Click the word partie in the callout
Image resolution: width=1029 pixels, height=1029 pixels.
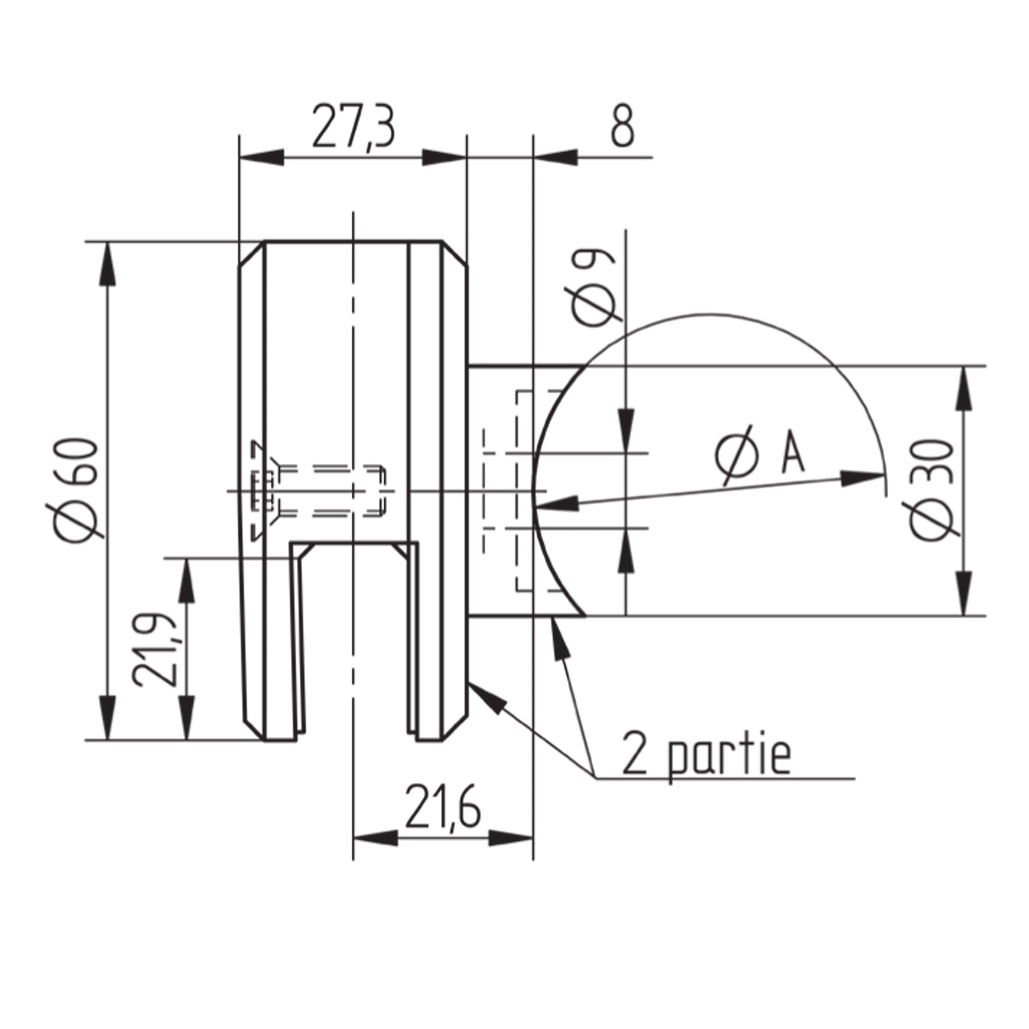[729, 757]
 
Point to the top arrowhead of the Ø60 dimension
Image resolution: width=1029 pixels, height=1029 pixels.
[108, 264]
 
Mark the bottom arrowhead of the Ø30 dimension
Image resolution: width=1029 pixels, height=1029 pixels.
[964, 594]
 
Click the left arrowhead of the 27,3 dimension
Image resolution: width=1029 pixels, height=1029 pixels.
[262, 158]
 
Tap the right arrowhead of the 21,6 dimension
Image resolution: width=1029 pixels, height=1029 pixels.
[511, 838]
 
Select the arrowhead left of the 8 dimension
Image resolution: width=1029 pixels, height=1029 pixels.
[556, 158]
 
